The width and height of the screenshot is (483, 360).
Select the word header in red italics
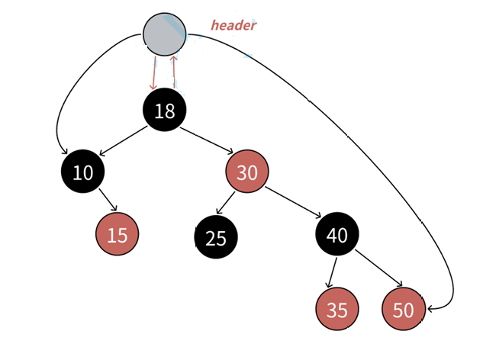[233, 25]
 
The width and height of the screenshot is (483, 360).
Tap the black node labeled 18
[165, 111]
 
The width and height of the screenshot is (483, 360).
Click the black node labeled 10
[82, 172]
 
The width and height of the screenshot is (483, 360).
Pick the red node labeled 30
[246, 172]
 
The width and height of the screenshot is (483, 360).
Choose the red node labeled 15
[118, 235]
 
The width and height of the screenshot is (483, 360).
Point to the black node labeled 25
[216, 237]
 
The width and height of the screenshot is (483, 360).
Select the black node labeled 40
[336, 234]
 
